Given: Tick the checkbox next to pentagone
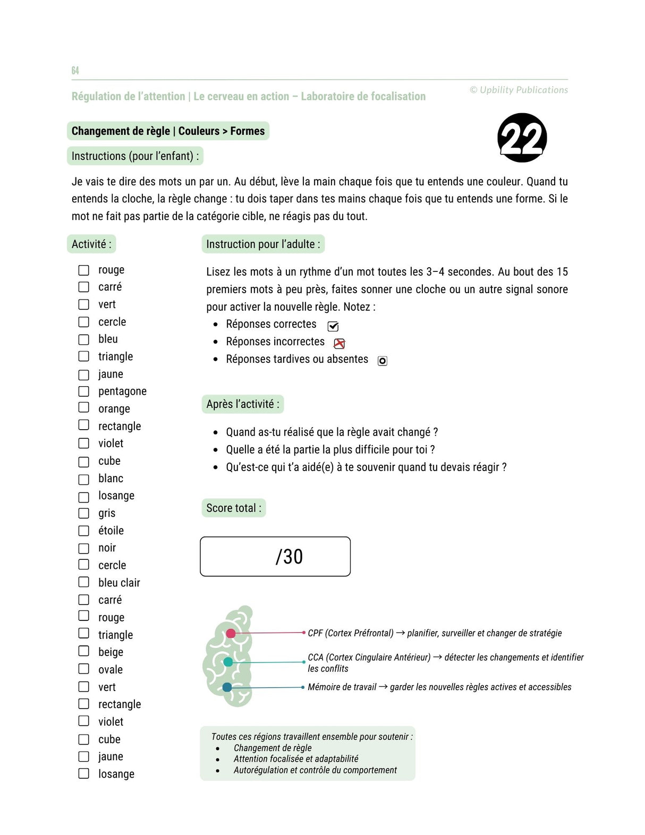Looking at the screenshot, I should point(84,391).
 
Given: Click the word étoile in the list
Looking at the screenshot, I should point(111,531).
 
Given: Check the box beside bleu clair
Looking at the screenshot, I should point(84,582).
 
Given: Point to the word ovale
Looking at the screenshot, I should point(110,670).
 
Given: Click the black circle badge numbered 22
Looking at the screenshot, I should point(522,138).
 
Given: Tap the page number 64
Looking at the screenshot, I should point(75,71).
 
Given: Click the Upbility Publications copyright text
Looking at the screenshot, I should point(519,90).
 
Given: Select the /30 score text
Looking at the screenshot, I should point(289,557).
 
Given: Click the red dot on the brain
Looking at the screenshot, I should point(231,633).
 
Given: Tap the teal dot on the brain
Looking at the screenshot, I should point(228,662).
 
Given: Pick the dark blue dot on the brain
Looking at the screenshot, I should point(227,687).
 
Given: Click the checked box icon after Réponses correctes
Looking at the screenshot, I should point(333,326).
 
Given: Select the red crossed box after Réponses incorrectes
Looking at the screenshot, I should point(339,344).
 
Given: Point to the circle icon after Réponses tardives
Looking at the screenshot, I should point(382,361).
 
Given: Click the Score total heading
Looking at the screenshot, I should point(233,508).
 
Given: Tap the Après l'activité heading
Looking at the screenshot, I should point(242,404).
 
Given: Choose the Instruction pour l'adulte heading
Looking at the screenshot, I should point(263,244).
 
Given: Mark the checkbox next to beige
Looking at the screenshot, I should point(84,651).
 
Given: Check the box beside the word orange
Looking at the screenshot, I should point(84,407).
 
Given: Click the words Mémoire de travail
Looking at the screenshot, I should point(342,687).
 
